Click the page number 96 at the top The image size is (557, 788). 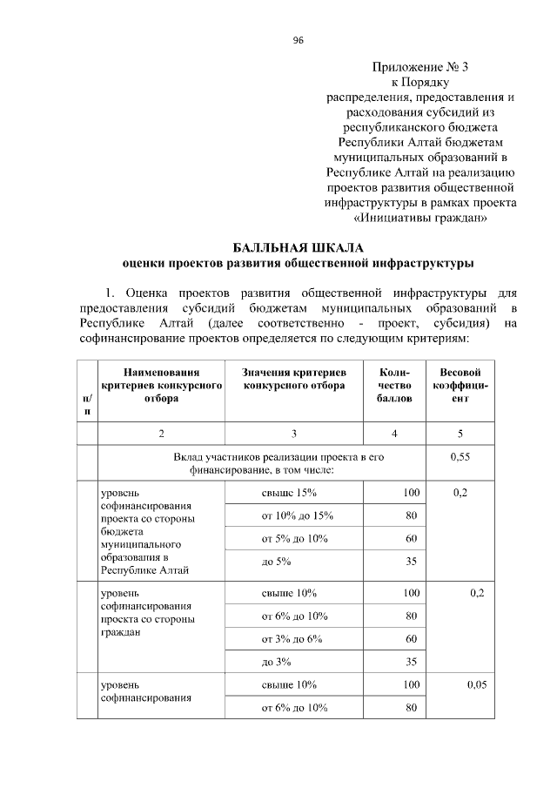click(298, 41)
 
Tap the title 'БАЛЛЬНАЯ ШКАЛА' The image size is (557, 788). click(294, 246)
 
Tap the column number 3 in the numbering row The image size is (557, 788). click(294, 434)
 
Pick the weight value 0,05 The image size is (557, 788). click(475, 685)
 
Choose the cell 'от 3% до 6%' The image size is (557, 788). click(292, 638)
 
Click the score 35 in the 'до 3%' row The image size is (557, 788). click(413, 662)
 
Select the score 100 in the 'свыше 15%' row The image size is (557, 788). click(411, 493)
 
